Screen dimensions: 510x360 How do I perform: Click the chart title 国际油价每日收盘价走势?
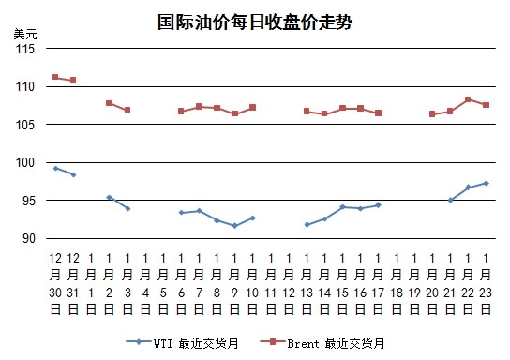pyautogui.click(x=255, y=22)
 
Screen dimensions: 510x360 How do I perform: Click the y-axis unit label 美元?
pyautogui.click(x=25, y=34)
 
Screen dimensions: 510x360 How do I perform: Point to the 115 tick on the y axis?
pyautogui.click(x=25, y=49)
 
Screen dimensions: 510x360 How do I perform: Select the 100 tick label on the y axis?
pyautogui.click(x=25, y=162)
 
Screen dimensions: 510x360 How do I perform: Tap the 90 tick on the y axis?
pyautogui.click(x=29, y=238)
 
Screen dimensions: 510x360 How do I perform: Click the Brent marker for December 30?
pyautogui.click(x=55, y=77)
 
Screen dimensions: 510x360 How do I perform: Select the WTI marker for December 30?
pyautogui.click(x=55, y=168)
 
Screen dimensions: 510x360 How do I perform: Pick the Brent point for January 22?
pyautogui.click(x=468, y=99)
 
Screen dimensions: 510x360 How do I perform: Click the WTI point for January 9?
pyautogui.click(x=234, y=226)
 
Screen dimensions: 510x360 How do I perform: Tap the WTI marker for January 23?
pyautogui.click(x=487, y=184)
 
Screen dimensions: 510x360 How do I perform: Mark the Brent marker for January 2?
pyautogui.click(x=110, y=103)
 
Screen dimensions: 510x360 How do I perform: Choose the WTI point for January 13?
pyautogui.click(x=307, y=224)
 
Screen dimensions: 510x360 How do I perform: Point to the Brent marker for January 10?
pyautogui.click(x=253, y=107)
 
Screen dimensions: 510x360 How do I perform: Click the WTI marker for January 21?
pyautogui.click(x=451, y=201)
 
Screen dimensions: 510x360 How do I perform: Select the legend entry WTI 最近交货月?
pyautogui.click(x=182, y=343)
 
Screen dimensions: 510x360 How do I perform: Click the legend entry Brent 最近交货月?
pyautogui.click(x=322, y=343)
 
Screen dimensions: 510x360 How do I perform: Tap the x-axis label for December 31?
pyautogui.click(x=73, y=283)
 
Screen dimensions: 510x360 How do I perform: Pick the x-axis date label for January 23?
pyautogui.click(x=486, y=283)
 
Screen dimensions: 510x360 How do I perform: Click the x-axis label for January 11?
pyautogui.click(x=271, y=283)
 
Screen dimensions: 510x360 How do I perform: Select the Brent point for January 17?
pyautogui.click(x=378, y=112)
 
